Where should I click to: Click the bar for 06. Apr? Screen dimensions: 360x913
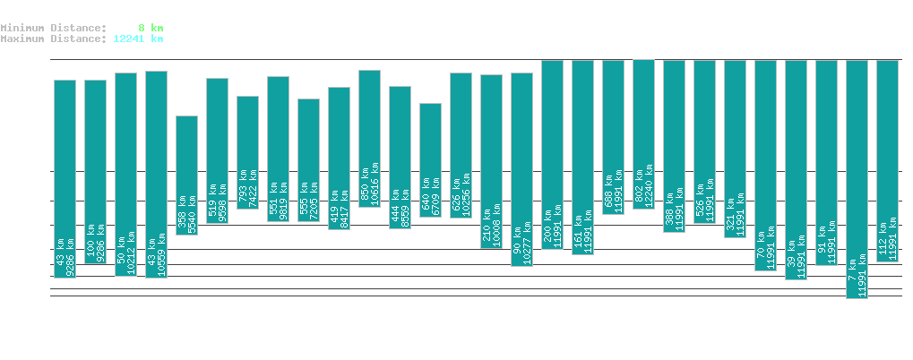[x=186, y=175]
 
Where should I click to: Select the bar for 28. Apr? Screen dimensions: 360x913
[x=857, y=179]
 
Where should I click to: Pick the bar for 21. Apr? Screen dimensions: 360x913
[x=643, y=134]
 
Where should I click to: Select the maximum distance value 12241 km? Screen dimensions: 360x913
[x=138, y=39]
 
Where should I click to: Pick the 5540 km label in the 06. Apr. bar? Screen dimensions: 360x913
[x=191, y=211]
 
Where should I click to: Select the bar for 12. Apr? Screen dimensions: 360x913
[x=369, y=139]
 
